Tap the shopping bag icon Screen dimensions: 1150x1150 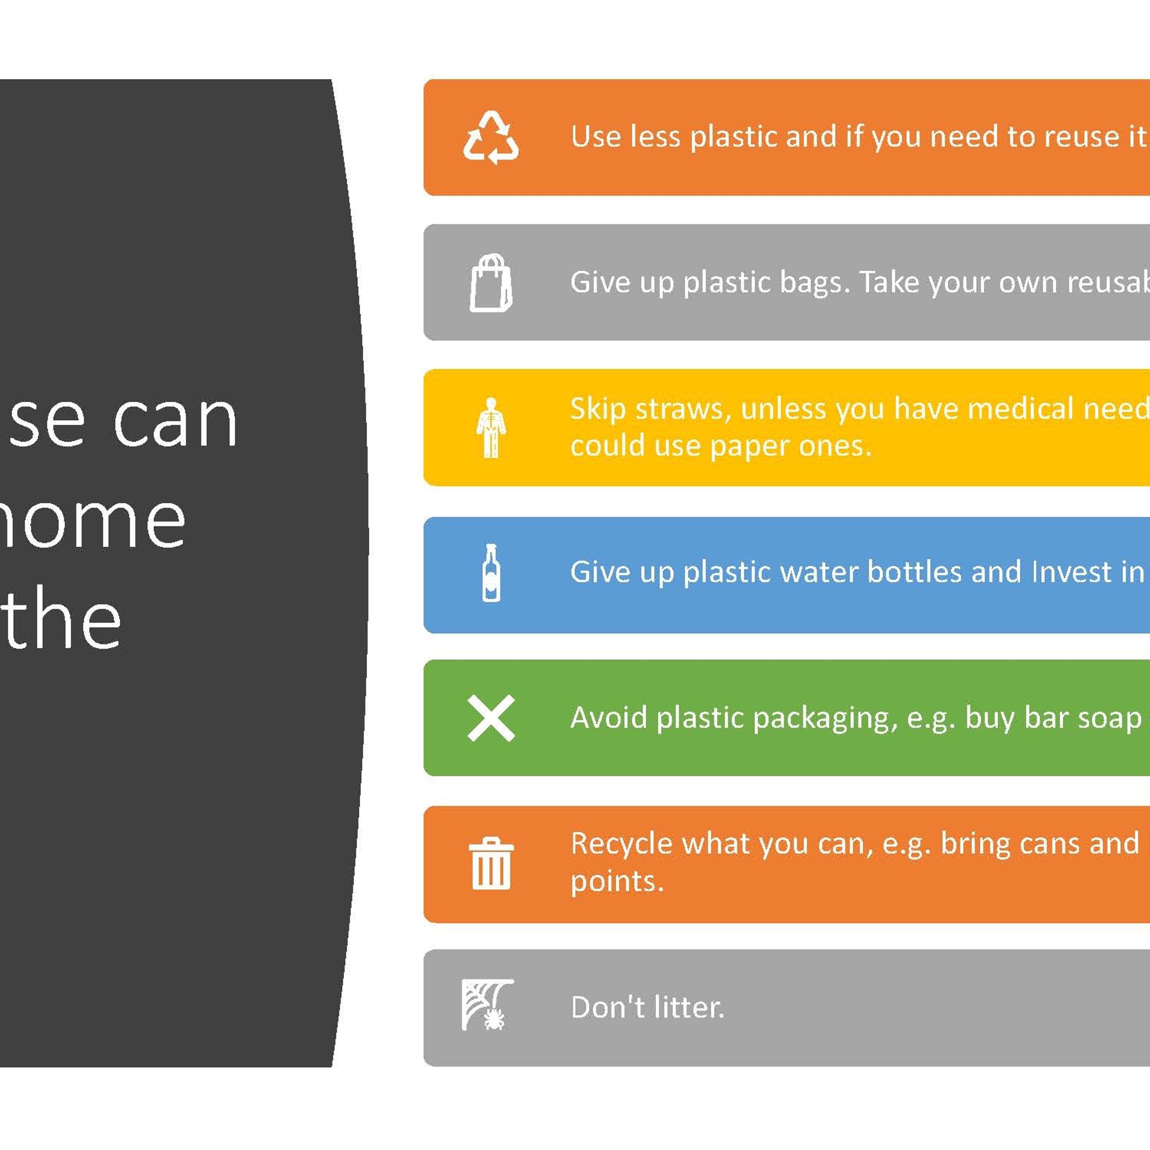(491, 283)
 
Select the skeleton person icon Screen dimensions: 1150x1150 (491, 427)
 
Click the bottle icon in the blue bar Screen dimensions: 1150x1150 (491, 573)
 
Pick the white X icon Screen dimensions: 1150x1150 (491, 718)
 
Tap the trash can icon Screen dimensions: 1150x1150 (491, 863)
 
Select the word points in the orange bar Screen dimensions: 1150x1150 (617, 881)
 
